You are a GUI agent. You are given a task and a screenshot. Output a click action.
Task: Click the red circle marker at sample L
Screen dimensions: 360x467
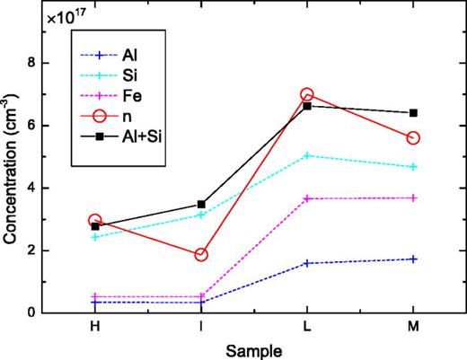[307, 95]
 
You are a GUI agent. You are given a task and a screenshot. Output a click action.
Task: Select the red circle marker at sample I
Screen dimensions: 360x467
[201, 254]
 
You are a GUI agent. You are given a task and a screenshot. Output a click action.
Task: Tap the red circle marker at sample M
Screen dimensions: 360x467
[413, 137]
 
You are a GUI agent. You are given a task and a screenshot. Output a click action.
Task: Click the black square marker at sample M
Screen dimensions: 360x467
[413, 113]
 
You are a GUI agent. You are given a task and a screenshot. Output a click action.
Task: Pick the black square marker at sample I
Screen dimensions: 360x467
[201, 205]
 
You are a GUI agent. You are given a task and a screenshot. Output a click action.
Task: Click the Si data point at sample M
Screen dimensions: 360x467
[413, 167]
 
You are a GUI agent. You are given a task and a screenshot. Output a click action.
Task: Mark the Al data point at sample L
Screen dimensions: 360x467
[307, 263]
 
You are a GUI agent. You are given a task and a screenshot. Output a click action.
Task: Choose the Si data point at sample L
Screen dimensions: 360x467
[307, 155]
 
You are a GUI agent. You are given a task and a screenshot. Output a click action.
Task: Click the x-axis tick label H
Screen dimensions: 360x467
[95, 329]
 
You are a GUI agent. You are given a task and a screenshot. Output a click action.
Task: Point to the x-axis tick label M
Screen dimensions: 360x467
[413, 329]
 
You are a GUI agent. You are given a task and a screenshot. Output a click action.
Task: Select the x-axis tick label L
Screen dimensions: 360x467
[307, 329]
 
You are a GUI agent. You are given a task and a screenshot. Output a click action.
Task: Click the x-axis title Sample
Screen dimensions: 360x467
[254, 349]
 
